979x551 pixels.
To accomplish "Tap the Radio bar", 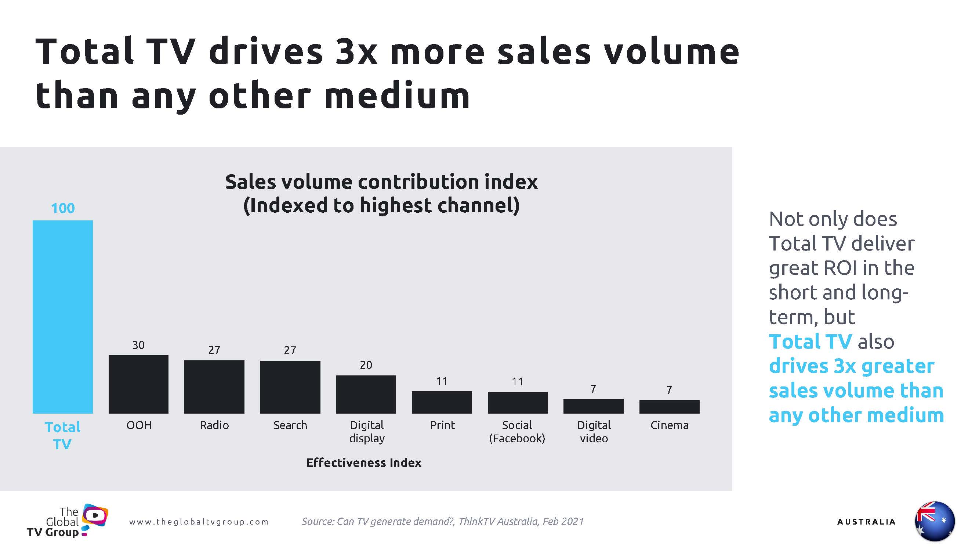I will [x=214, y=387].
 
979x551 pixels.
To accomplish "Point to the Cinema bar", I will [x=669, y=407].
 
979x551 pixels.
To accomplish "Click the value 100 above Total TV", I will [x=63, y=208].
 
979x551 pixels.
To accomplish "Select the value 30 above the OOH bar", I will [x=138, y=345].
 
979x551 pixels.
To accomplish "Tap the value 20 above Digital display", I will [x=366, y=365].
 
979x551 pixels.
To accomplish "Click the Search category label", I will [x=290, y=425].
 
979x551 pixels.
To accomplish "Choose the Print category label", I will [x=442, y=425].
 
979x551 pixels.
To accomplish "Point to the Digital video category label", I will [x=594, y=432].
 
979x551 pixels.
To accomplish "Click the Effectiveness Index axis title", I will [x=364, y=463].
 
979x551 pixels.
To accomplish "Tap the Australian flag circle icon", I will [x=935, y=521].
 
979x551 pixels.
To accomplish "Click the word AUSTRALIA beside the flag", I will [x=866, y=522].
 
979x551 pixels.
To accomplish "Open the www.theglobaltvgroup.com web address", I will [x=199, y=522].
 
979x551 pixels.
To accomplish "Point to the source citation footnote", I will [x=442, y=521].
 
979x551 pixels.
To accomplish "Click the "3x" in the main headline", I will [x=356, y=53].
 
